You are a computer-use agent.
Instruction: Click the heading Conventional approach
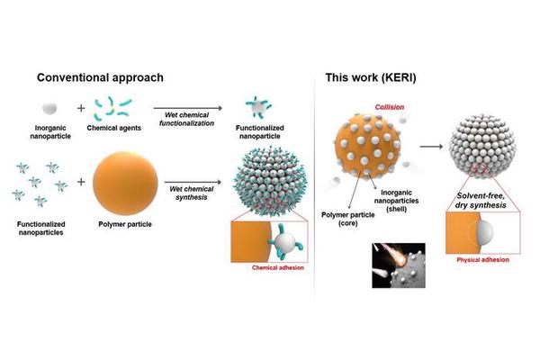click(100, 77)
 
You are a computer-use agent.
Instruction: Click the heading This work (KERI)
click(371, 77)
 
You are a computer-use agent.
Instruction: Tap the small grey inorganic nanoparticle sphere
click(49, 108)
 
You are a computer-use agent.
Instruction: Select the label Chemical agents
click(114, 128)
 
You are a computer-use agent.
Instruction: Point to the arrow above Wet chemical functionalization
click(188, 108)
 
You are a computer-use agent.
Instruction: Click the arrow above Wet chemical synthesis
click(193, 182)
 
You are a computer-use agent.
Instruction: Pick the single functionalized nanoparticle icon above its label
click(258, 107)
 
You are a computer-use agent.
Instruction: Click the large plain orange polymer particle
click(125, 182)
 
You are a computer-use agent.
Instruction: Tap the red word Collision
click(390, 107)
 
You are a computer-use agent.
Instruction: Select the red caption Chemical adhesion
click(278, 267)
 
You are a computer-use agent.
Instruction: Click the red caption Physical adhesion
click(482, 260)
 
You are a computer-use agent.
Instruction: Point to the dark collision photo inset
click(399, 265)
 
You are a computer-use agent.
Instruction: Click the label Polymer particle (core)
click(347, 219)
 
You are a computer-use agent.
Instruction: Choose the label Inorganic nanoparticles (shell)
click(396, 201)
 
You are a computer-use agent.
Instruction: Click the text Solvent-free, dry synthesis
click(481, 201)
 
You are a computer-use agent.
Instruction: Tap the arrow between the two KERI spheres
click(431, 147)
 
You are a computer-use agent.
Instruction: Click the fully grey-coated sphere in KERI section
click(482, 146)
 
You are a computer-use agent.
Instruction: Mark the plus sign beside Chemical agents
click(81, 108)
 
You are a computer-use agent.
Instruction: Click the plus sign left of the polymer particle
click(81, 182)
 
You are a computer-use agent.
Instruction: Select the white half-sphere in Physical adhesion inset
click(485, 231)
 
